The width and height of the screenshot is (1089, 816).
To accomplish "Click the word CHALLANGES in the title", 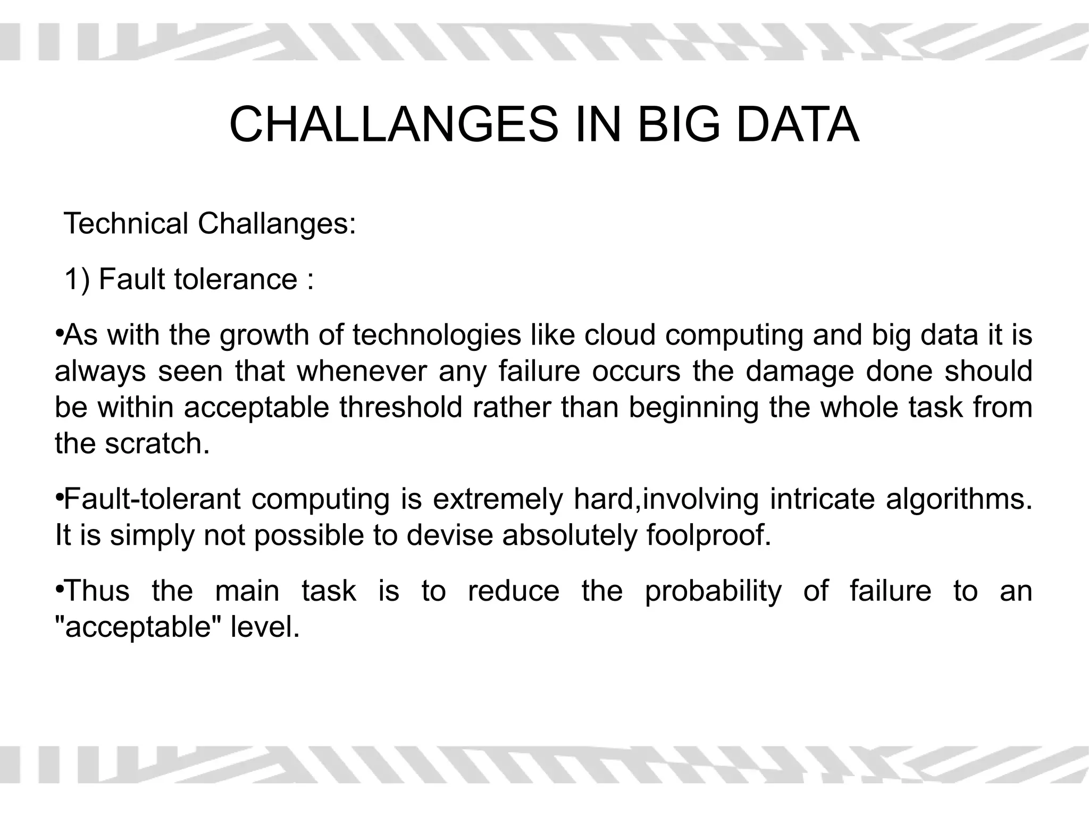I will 393,125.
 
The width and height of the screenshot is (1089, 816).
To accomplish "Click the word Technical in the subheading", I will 125,223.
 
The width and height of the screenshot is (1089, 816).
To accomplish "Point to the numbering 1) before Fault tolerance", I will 77,280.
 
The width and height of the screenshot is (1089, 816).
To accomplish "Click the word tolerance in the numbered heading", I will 236,280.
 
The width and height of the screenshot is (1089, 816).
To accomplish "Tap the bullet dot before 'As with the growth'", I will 59,333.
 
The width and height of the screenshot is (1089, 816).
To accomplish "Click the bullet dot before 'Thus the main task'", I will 59,589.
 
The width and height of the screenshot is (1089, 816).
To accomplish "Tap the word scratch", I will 157,444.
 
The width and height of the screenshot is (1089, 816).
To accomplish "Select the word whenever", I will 362,372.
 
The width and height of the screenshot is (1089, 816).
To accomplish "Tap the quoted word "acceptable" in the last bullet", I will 139,628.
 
